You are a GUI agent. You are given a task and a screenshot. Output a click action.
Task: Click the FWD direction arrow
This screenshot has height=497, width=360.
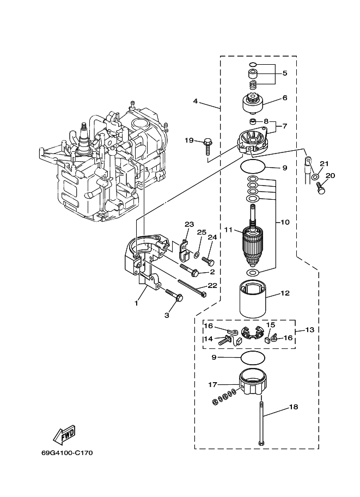tap(64, 434)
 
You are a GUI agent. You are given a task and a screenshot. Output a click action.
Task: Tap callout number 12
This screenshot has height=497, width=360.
tap(285, 293)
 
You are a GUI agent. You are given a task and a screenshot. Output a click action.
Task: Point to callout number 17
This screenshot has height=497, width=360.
tap(212, 385)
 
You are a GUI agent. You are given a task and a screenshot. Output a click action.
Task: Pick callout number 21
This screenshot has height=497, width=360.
tap(324, 163)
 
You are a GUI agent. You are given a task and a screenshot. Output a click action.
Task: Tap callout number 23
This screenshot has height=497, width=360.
tap(189, 224)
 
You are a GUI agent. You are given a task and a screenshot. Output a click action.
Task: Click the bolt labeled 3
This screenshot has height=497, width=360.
tap(176, 296)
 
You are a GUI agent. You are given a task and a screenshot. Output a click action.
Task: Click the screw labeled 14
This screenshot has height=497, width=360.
tap(224, 341)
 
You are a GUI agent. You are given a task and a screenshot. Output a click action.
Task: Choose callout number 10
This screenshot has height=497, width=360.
tap(284, 222)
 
